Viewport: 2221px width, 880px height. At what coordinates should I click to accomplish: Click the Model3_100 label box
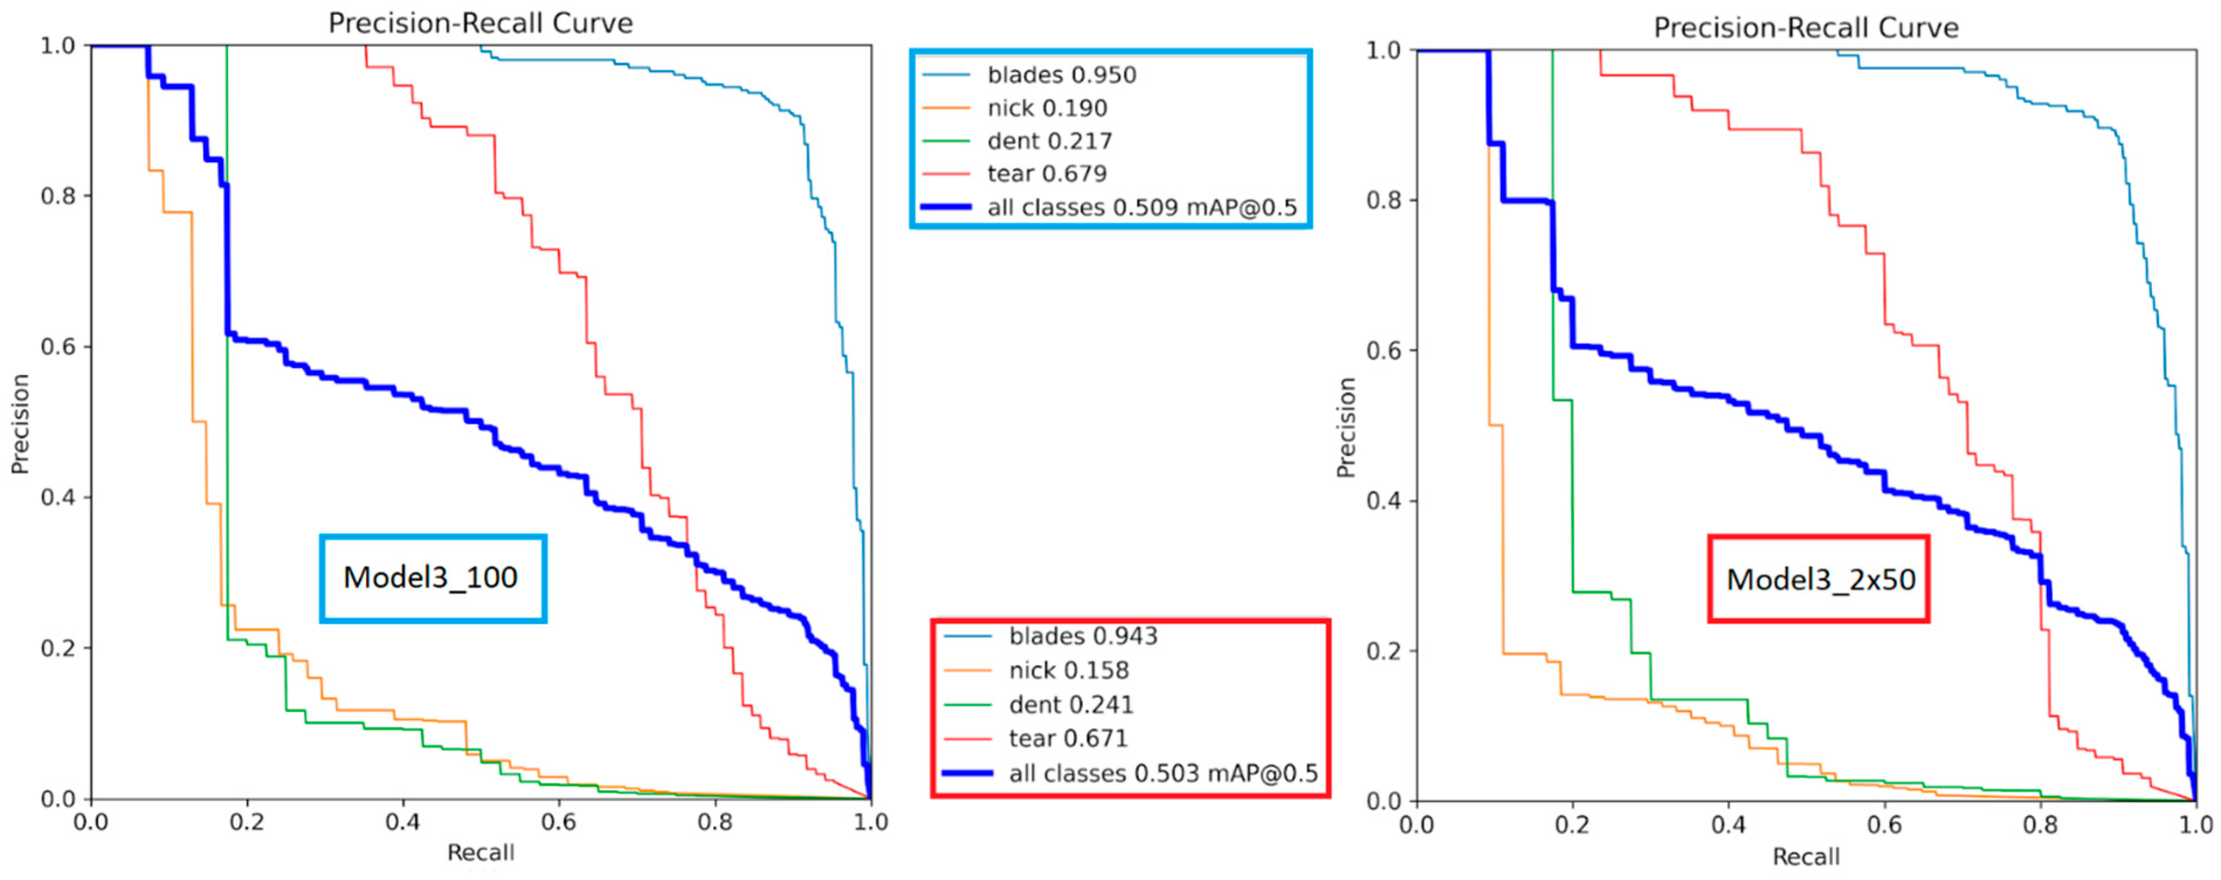coord(432,578)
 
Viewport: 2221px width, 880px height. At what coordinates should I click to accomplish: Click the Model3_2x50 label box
coord(1819,579)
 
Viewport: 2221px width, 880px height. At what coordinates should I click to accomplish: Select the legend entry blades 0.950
coord(1061,75)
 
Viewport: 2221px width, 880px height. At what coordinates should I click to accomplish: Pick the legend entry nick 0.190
coord(1046,108)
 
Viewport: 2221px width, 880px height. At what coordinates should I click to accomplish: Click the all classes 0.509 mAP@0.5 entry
coord(1141,208)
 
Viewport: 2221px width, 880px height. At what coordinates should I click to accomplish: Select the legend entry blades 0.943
coord(1082,636)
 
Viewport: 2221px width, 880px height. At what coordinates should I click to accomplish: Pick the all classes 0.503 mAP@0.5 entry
coord(1162,773)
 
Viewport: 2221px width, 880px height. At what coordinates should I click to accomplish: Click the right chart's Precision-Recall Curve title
coord(1805,27)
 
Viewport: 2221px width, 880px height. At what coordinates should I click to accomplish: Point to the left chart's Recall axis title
coord(480,853)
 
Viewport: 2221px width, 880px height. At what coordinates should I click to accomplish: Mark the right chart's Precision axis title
coord(1345,427)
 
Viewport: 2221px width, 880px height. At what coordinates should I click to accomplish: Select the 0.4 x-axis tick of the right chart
coord(1728,826)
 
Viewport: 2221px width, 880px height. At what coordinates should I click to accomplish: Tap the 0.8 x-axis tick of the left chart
coord(715,822)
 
